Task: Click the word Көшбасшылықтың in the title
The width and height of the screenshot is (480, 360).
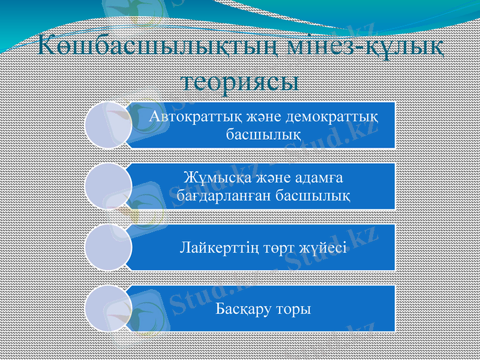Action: [x=136, y=46]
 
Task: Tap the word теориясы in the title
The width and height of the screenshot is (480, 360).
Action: [x=240, y=80]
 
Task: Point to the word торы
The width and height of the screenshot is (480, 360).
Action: [x=294, y=309]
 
